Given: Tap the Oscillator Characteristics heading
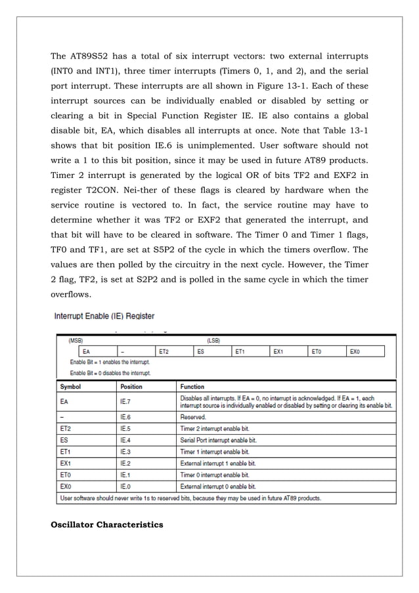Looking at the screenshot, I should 107,525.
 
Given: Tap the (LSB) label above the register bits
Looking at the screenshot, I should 213,341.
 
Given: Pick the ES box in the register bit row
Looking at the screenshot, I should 212,352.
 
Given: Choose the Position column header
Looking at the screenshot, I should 131,387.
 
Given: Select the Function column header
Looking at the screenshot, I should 192,387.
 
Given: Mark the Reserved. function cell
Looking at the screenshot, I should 193,417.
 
